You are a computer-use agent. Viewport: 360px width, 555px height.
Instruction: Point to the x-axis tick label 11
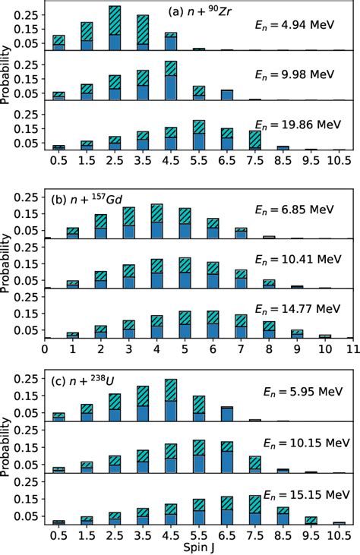(x=350, y=350)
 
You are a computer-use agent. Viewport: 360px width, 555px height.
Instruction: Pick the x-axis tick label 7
(x=241, y=350)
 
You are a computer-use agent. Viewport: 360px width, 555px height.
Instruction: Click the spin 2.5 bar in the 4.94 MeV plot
(x=115, y=29)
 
